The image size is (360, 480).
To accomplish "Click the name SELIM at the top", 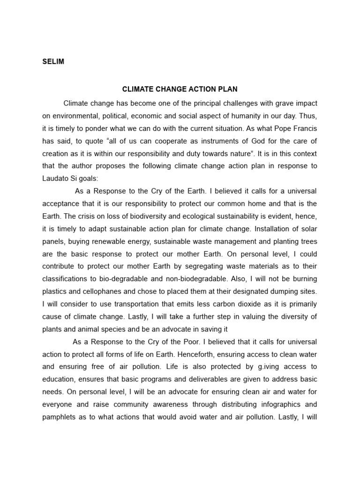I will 53,62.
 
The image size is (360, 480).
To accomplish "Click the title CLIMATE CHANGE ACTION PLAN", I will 180,89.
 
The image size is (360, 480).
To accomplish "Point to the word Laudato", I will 57,179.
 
